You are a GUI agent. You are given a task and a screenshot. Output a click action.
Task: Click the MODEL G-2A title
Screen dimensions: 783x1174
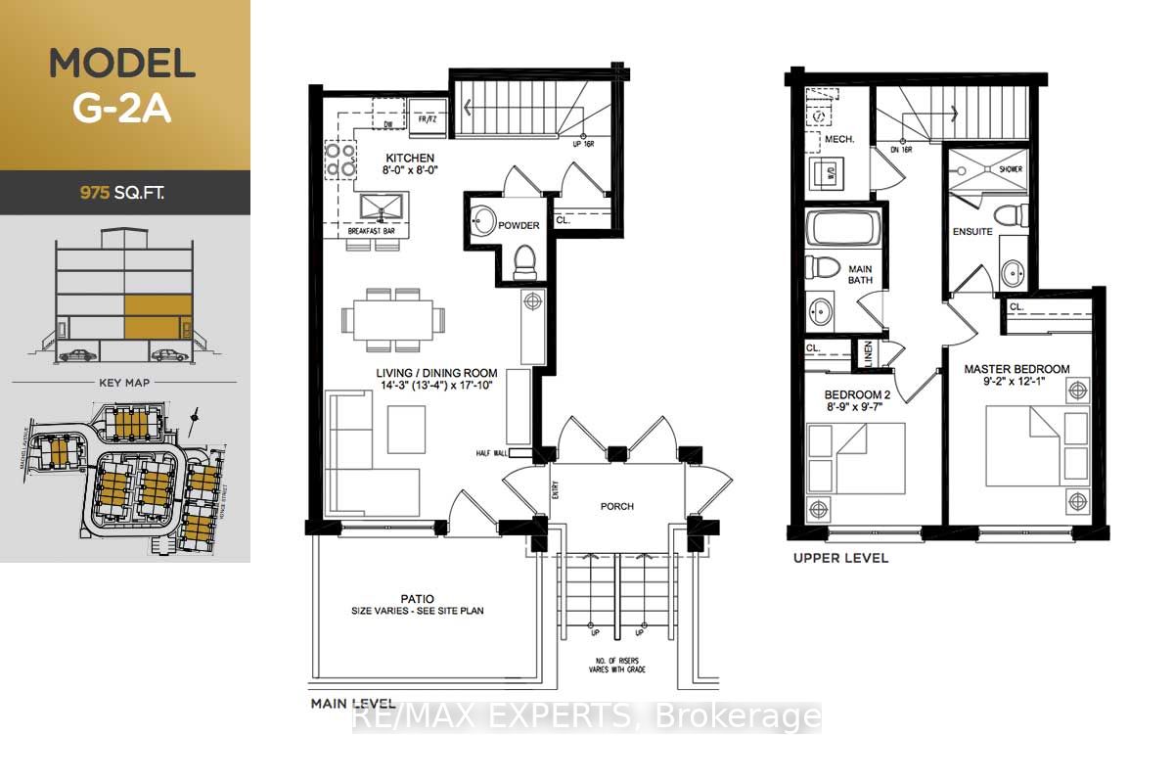(x=122, y=85)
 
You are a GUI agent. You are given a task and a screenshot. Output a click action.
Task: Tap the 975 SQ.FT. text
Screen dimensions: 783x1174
(x=122, y=193)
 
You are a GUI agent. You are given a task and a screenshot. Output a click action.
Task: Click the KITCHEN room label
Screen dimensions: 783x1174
(x=410, y=159)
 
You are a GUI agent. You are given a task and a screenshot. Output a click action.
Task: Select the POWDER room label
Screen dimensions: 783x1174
(x=519, y=226)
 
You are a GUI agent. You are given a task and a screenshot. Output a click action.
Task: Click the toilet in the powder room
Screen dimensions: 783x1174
(x=523, y=260)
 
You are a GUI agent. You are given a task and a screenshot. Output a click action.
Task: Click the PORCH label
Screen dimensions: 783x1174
(x=616, y=506)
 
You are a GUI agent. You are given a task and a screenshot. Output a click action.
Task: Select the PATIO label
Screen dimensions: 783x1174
(x=417, y=598)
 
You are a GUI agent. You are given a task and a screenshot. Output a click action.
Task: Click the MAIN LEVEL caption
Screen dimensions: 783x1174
(x=353, y=704)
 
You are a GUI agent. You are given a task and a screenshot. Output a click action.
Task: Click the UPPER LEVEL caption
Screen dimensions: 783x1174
(x=842, y=558)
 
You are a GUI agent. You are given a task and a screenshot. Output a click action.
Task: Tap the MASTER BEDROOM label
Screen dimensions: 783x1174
(x=1016, y=369)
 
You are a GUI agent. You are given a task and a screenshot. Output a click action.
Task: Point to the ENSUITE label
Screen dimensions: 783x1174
(x=972, y=232)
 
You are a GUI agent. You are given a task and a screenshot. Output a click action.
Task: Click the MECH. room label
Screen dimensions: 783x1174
(x=839, y=139)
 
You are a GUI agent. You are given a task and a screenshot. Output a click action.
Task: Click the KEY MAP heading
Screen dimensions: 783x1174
(x=123, y=382)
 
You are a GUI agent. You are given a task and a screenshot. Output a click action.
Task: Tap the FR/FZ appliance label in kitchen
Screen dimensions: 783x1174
(x=427, y=120)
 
